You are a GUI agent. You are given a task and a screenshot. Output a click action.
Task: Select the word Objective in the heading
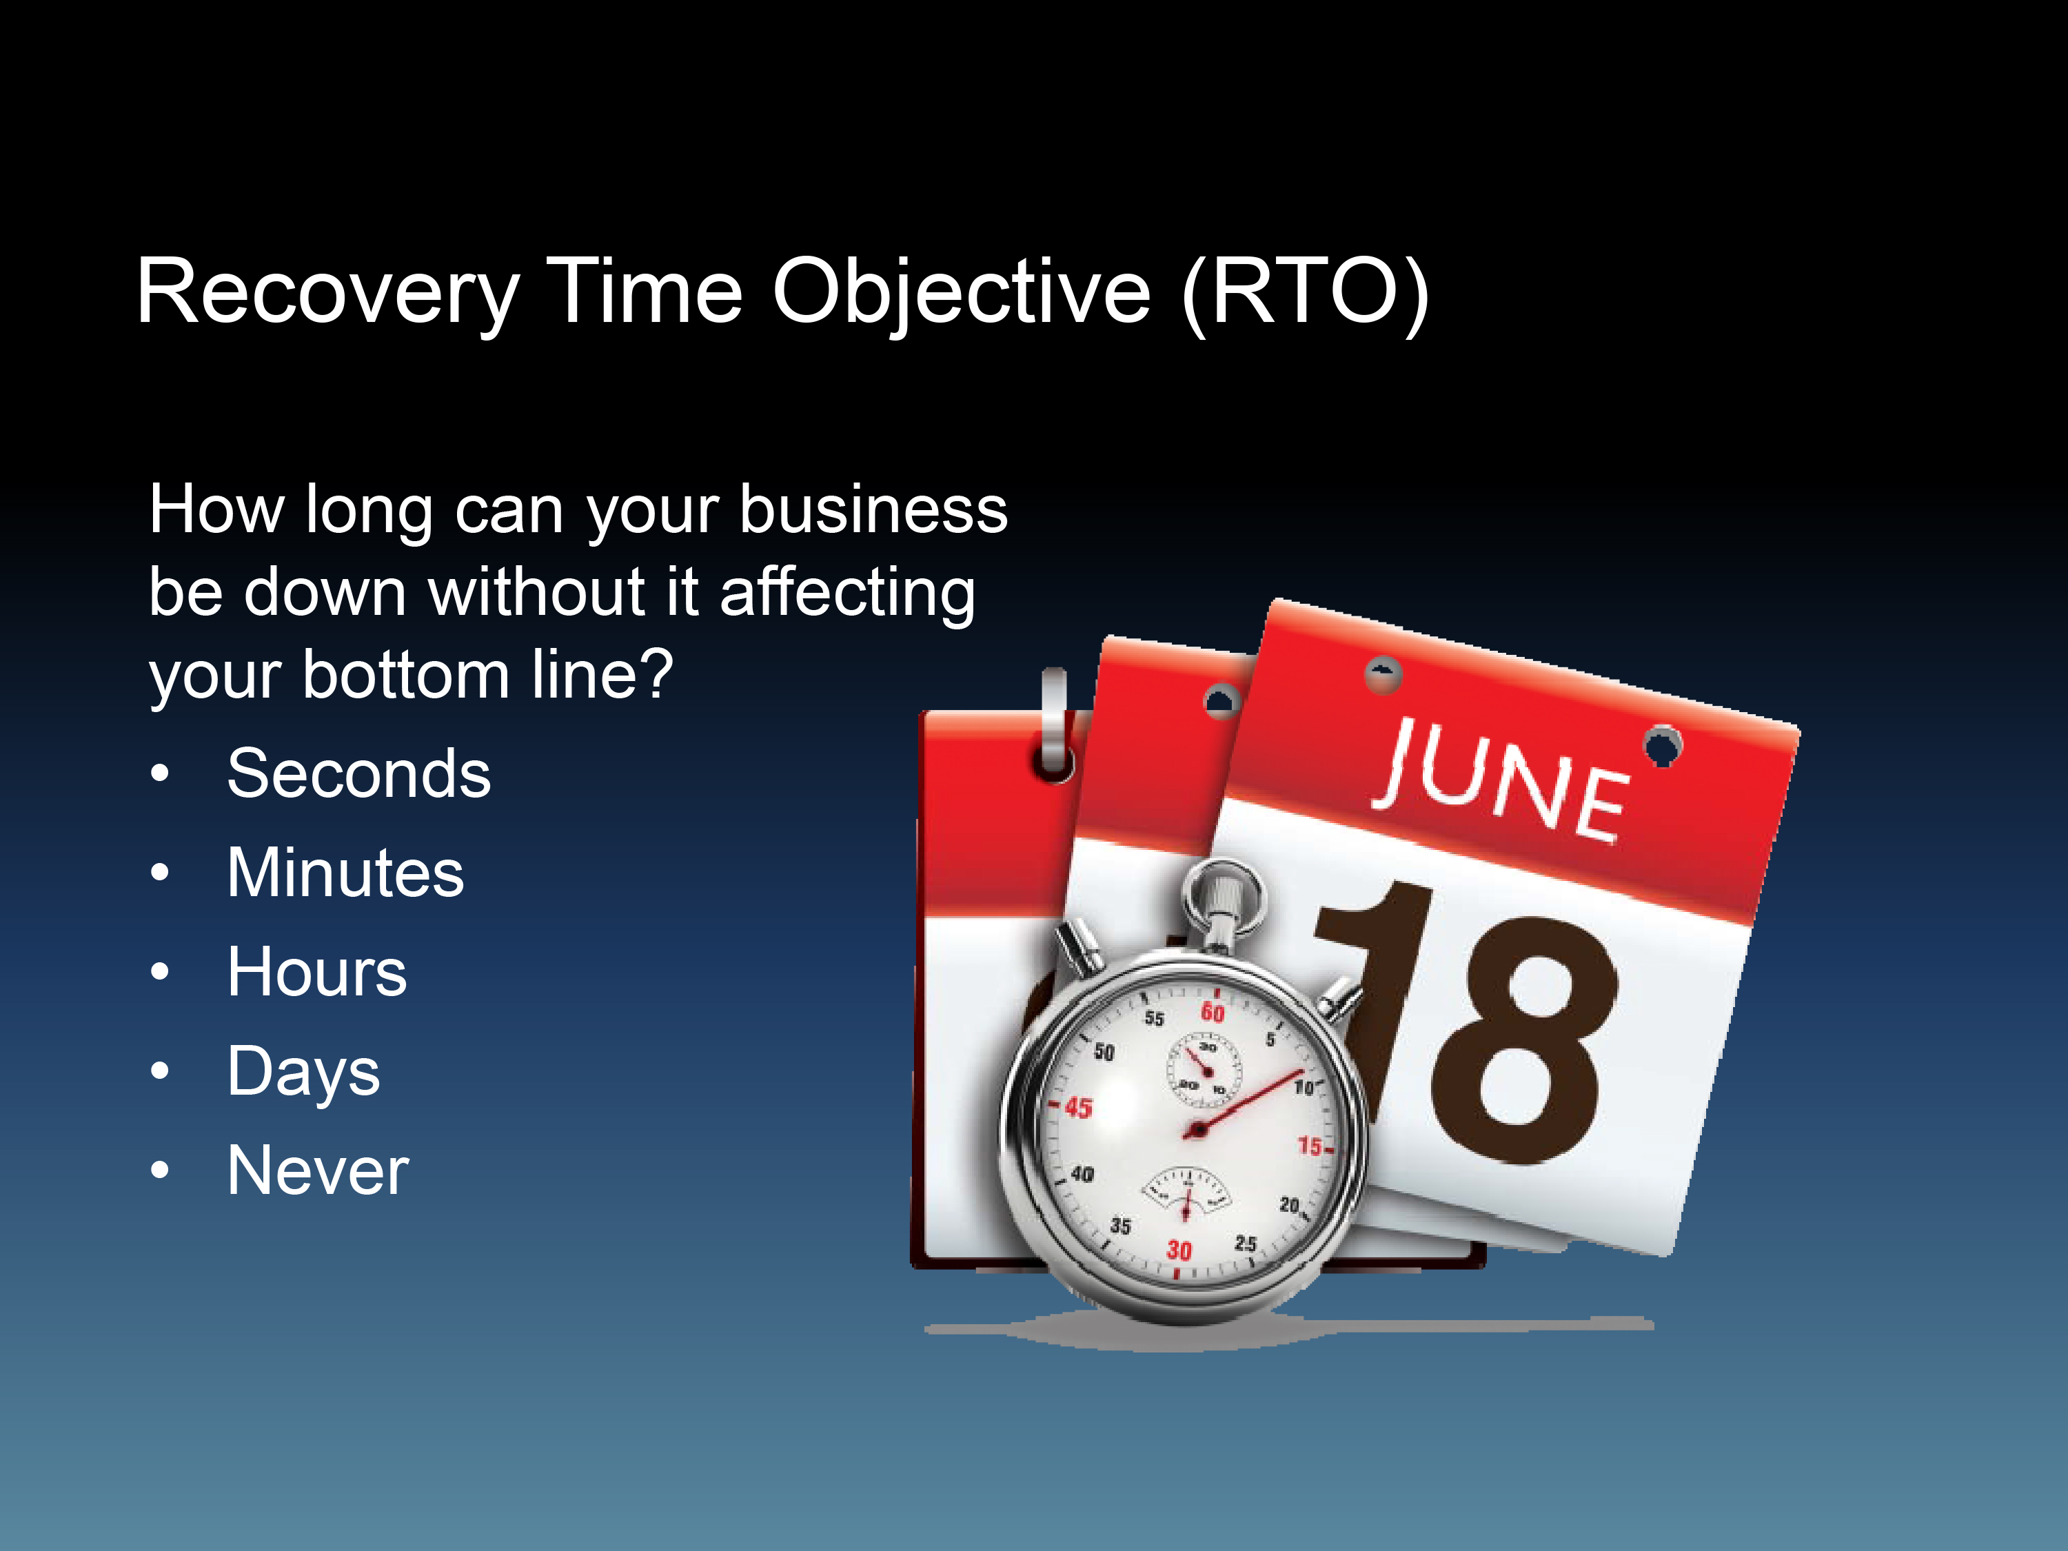961,294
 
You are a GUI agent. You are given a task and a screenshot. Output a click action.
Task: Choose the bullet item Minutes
345,873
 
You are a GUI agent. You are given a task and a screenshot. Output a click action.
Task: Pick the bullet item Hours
317,972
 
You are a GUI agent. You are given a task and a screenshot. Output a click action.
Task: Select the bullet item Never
318,1170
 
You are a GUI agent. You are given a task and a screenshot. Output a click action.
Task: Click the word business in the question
873,511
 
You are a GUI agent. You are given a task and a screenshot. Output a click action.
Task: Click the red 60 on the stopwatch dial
1213,1011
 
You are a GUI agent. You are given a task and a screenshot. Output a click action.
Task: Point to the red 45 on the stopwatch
1078,1108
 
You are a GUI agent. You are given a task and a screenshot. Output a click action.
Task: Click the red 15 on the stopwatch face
1310,1146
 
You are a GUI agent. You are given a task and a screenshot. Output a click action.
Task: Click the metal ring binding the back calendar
1055,724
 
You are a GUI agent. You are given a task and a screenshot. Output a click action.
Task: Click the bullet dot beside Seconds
160,774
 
